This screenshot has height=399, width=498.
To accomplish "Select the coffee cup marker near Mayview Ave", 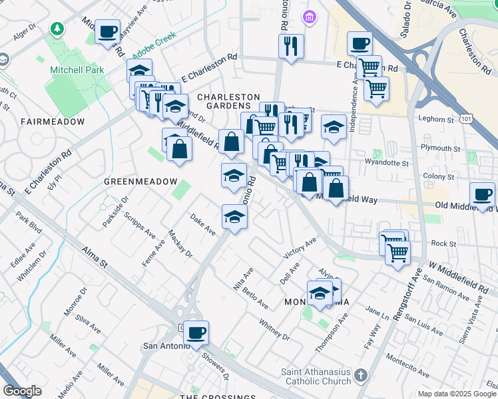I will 107,32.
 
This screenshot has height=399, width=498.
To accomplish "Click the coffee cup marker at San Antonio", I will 196,332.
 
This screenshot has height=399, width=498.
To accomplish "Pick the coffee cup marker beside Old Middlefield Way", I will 482,194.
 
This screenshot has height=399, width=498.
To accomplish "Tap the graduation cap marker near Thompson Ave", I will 320,293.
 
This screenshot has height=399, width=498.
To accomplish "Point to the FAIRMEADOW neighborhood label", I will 53,122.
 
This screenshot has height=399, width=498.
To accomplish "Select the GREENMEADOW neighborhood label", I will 140,182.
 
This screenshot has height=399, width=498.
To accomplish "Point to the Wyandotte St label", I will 387,162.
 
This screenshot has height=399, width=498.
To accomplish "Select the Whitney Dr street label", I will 275,328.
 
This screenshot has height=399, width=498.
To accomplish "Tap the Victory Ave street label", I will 300,248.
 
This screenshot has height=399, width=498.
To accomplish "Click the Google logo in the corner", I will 22,391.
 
